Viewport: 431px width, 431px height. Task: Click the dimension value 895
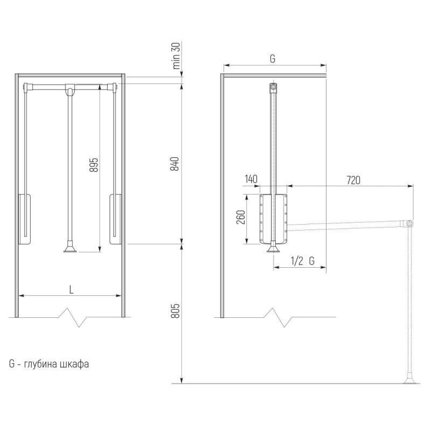[x=94, y=165]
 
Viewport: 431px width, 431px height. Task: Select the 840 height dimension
[x=175, y=164]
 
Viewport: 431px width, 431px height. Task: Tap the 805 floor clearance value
[x=175, y=311]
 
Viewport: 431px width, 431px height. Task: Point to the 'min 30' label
[x=176, y=56]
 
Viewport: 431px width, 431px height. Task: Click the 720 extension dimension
[x=353, y=180]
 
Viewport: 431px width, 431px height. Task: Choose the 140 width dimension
[x=251, y=179]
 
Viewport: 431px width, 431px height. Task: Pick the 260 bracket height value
[x=241, y=217]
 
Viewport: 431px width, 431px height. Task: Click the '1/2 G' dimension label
[x=303, y=261]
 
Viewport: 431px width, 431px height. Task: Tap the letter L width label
[x=72, y=290]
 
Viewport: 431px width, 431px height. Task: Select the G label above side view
[x=273, y=59]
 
